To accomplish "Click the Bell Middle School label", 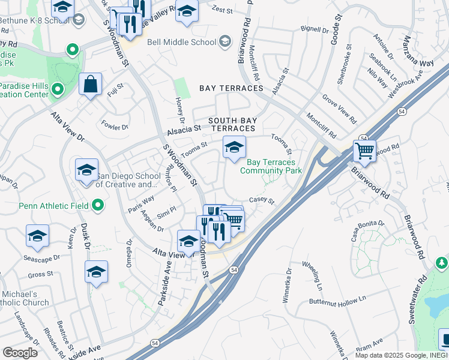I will [x=181, y=43].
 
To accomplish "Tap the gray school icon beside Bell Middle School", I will [x=225, y=41].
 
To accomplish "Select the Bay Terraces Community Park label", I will [x=271, y=166].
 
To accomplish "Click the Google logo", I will [x=20, y=353].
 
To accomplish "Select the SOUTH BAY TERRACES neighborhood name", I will [x=232, y=124].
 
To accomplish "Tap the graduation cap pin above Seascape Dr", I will [x=38, y=236].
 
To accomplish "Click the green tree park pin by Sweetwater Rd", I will [x=442, y=263].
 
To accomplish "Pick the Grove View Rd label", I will [x=339, y=106].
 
